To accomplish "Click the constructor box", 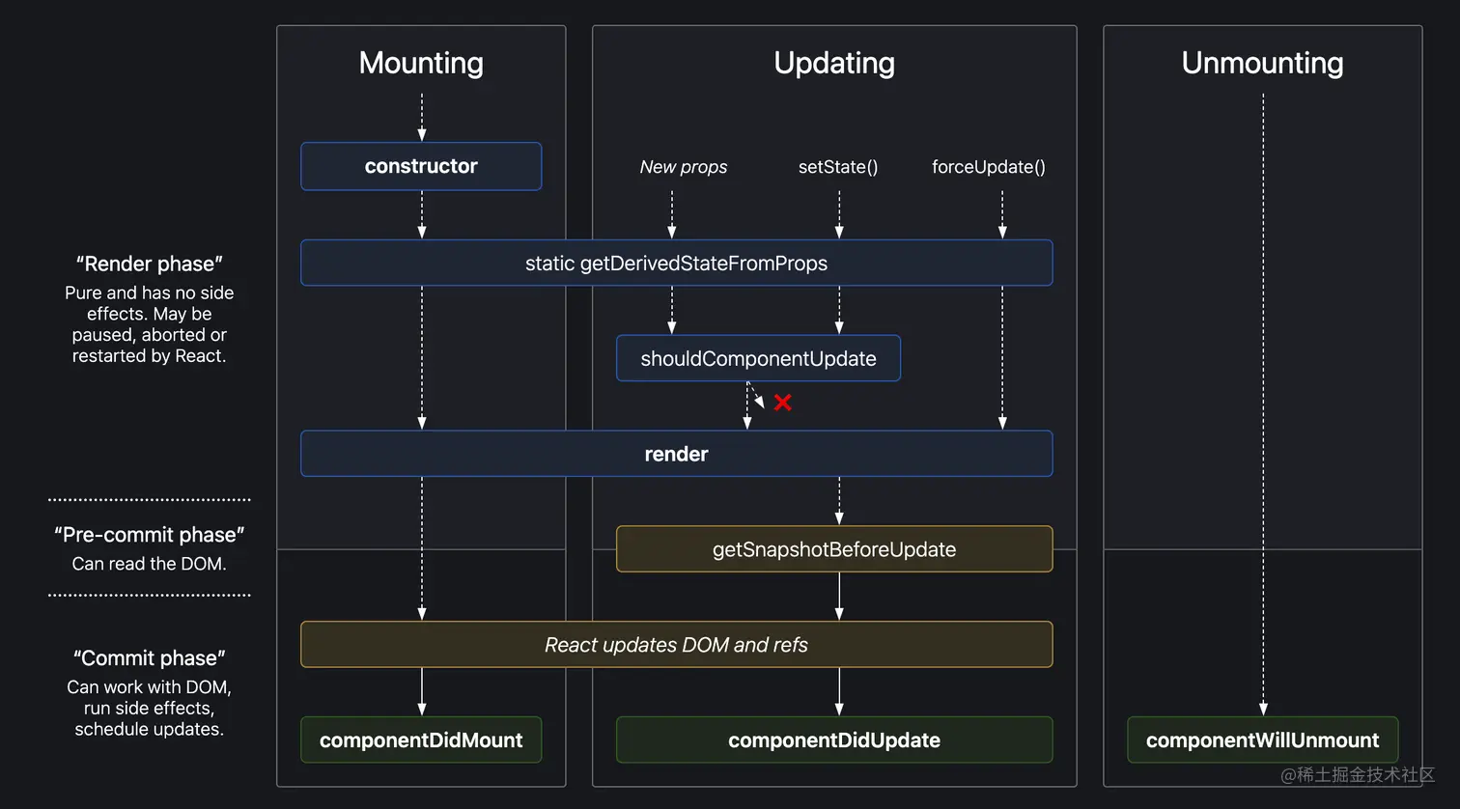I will pos(421,166).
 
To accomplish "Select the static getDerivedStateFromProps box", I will pos(676,263).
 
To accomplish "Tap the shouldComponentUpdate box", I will pos(758,358).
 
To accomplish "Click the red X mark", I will pos(782,403).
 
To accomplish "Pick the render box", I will pos(676,454).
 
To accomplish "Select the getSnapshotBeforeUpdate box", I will pos(834,549).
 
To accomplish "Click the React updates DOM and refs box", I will pos(676,645).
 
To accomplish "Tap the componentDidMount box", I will pos(421,740).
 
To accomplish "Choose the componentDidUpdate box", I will pos(834,740).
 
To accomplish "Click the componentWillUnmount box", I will pos(1262,740).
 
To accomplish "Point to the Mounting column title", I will pos(421,63).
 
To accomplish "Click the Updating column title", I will pos(834,63).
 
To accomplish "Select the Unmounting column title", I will pos(1262,63).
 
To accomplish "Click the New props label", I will pos(684,167).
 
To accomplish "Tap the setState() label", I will pos(838,167).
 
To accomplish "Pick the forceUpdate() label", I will pos(988,167).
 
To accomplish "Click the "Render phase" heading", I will pos(150,264).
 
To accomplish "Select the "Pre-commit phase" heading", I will pos(150,535).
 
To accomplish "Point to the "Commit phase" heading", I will pos(150,658).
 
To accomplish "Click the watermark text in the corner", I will pos(1358,775).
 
